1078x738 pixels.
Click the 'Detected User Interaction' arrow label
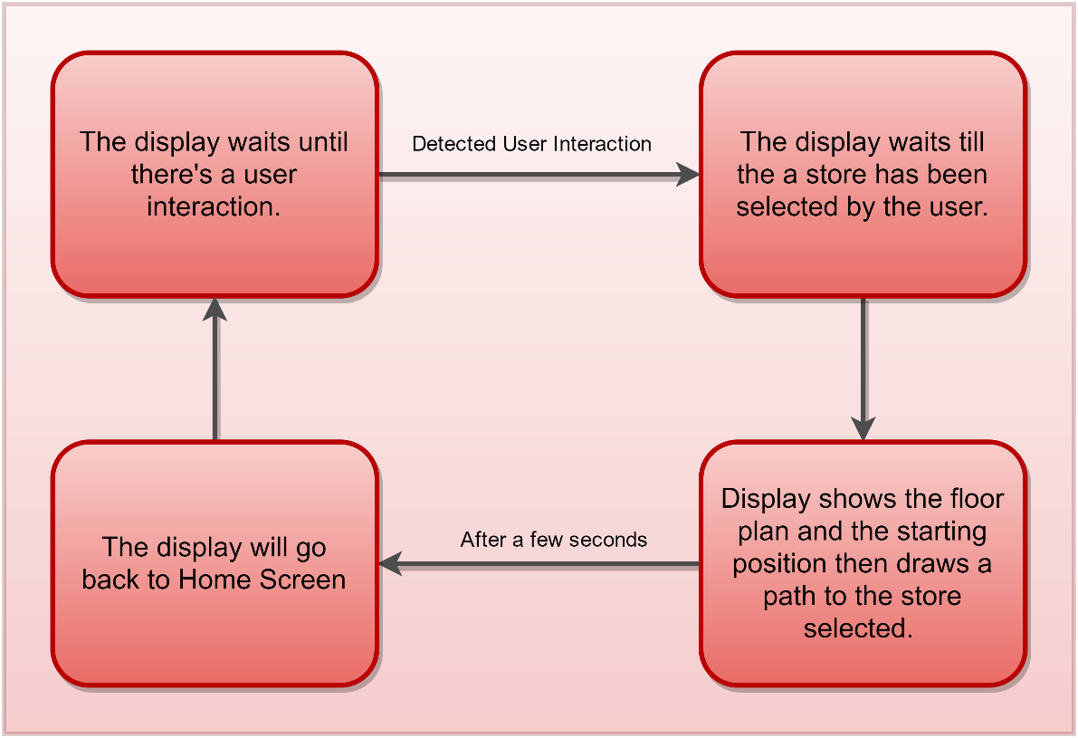pos(531,144)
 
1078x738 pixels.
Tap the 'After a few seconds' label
pos(553,539)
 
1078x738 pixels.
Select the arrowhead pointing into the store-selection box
pos(688,174)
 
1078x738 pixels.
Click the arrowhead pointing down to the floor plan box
pos(863,428)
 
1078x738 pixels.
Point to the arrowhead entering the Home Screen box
pos(390,564)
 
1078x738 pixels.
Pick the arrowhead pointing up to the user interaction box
pos(215,310)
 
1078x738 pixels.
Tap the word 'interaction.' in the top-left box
pos(214,206)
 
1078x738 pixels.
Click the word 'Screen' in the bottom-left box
pos(302,580)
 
